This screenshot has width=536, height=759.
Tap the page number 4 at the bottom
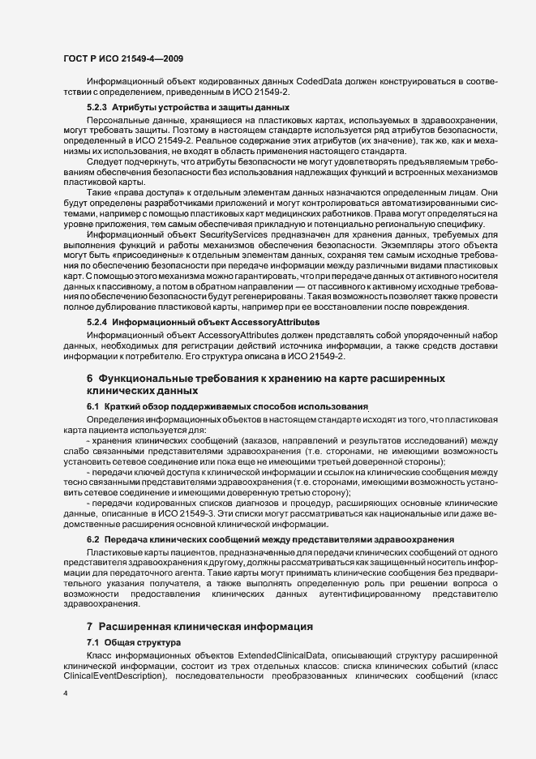(x=66, y=694)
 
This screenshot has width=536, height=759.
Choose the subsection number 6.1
(x=92, y=405)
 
